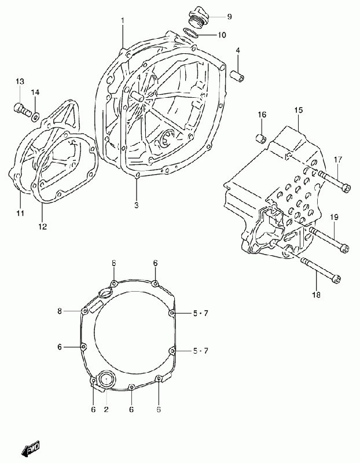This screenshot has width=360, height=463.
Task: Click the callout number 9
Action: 229,17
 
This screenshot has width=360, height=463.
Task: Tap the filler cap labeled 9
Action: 199,17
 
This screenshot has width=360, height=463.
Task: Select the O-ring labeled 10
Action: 190,33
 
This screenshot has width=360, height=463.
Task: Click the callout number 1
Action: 123,20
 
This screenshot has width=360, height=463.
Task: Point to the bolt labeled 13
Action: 22,109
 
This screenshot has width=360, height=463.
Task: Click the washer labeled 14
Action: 35,117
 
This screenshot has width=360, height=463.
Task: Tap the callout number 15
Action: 299,110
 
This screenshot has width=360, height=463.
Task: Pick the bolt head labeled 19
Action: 344,248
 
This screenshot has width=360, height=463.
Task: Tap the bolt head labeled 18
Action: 336,279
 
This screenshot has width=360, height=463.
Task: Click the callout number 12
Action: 42,226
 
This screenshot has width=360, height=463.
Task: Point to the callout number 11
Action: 20,212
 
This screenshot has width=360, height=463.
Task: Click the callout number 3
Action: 137,205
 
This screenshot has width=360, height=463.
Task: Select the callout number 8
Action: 60,311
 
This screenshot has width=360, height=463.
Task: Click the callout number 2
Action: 106,409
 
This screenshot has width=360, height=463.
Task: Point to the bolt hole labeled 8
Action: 85,311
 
